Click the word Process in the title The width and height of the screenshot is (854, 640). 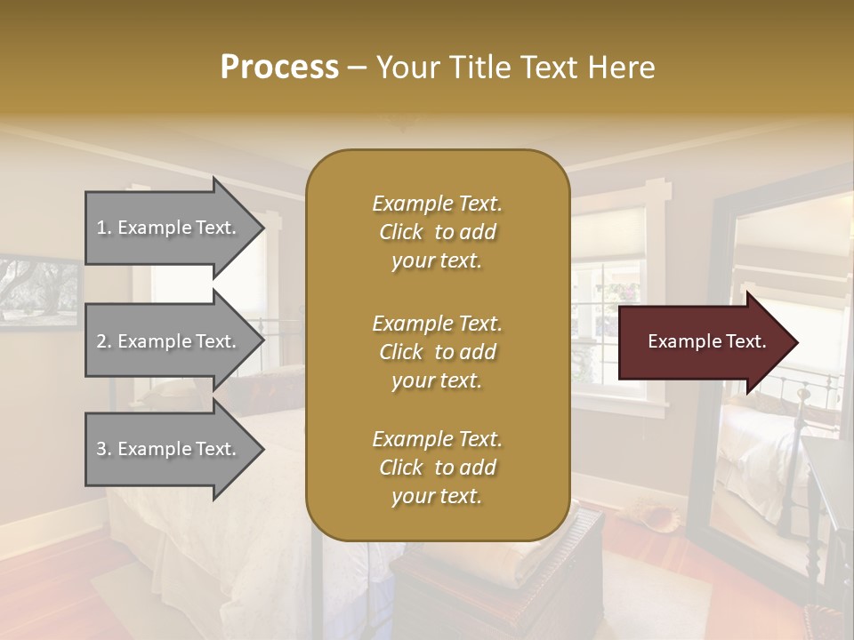coord(278,68)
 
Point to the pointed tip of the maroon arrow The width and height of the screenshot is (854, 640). coord(795,342)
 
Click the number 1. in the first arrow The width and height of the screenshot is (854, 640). coord(104,228)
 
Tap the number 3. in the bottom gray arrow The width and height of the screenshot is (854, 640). coord(104,449)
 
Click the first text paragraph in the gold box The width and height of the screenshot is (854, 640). coord(437,232)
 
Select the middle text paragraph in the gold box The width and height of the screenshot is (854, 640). coord(437,352)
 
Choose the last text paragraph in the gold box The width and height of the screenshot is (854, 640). coord(437,468)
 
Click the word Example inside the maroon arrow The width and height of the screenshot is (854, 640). coord(677,341)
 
